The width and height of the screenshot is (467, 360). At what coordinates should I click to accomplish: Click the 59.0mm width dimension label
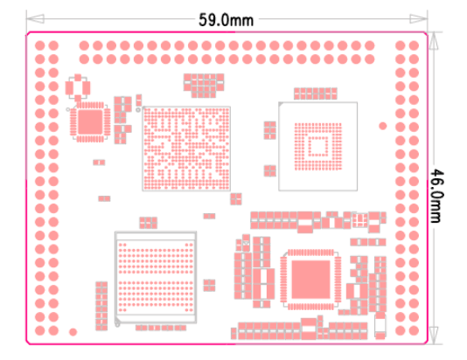[x=226, y=20]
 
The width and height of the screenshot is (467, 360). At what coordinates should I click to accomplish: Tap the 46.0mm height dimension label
[x=437, y=196]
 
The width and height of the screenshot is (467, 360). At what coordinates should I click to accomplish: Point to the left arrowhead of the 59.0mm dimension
[x=35, y=18]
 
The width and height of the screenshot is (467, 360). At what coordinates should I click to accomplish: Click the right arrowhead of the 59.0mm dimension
[x=418, y=18]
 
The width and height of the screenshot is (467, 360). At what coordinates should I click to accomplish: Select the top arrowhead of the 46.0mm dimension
[x=434, y=41]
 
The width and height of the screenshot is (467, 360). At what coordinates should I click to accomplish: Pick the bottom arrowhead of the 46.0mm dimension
[x=434, y=336]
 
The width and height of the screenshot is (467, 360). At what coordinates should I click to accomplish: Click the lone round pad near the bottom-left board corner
[x=73, y=332]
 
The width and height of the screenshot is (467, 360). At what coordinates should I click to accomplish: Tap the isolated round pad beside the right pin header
[x=383, y=126]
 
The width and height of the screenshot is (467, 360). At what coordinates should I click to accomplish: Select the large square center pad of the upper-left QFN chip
[x=90, y=122]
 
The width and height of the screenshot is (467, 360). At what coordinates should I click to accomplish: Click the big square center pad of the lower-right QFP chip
[x=310, y=280]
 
